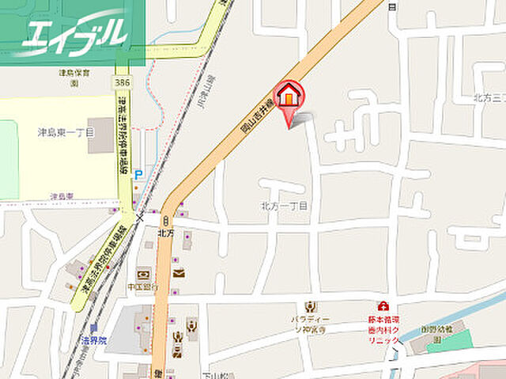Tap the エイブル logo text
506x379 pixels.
(x=74, y=34)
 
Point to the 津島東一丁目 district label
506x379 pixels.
(x=66, y=132)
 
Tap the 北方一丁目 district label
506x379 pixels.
(x=285, y=206)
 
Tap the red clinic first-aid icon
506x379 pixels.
(x=383, y=305)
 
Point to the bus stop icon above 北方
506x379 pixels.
(x=166, y=221)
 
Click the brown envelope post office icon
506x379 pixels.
(x=178, y=272)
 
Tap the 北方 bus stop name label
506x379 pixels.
(x=165, y=233)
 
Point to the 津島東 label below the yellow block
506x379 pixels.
(x=61, y=196)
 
